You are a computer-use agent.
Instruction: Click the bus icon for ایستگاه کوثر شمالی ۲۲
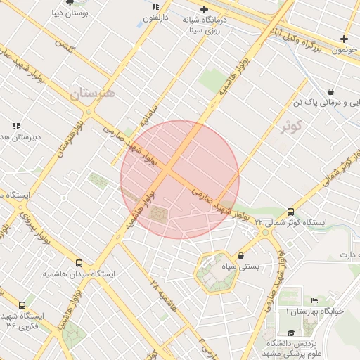click(x=290, y=212)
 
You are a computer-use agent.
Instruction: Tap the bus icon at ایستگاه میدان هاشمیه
click(x=79, y=262)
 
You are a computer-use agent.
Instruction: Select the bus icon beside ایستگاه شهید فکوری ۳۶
click(x=22, y=306)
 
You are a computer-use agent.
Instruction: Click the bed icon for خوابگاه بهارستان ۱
click(x=314, y=301)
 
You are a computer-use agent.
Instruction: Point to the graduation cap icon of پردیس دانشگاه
click(x=291, y=333)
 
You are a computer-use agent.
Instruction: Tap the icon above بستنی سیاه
click(x=243, y=256)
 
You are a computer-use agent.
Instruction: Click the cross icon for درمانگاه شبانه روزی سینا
click(x=204, y=10)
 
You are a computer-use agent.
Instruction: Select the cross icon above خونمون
click(x=344, y=39)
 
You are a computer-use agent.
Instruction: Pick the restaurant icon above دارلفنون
click(x=155, y=7)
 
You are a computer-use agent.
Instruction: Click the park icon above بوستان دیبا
click(x=70, y=3)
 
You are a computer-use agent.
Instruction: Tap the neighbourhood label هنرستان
click(x=92, y=92)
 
